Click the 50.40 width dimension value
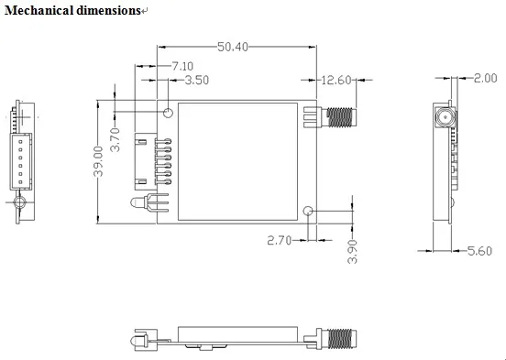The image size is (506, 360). (x=233, y=47)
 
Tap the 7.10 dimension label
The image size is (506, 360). (x=182, y=66)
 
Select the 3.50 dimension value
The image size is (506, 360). (x=197, y=80)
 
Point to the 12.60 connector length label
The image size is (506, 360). (x=336, y=80)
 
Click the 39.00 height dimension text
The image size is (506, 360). (x=98, y=161)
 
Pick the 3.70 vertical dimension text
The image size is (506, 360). (x=115, y=140)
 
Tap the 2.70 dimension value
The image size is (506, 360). (x=280, y=240)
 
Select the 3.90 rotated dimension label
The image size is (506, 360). (x=352, y=252)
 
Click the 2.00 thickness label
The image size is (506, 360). (x=485, y=78)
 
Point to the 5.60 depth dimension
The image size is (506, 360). (x=479, y=251)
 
